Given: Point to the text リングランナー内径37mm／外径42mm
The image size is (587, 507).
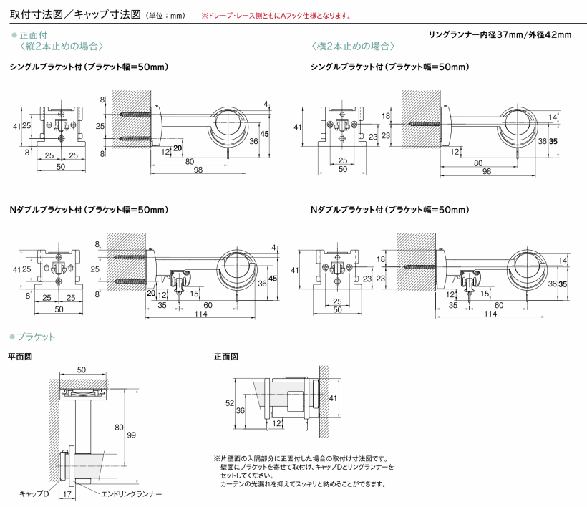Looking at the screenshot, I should point(500,34).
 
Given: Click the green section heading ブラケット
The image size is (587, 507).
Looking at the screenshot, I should point(37,337).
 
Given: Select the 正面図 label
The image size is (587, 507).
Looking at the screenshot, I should point(226,356).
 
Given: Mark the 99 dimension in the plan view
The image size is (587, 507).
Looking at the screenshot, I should point(132,435).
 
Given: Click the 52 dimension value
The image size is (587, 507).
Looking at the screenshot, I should point(230,403).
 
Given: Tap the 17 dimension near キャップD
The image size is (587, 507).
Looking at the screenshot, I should point(66,494).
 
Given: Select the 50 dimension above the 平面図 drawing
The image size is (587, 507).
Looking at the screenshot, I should point(82,370).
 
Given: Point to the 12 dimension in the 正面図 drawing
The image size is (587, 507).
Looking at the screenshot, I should point(276,423).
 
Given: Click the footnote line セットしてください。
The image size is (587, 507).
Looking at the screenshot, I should point(247,475).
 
